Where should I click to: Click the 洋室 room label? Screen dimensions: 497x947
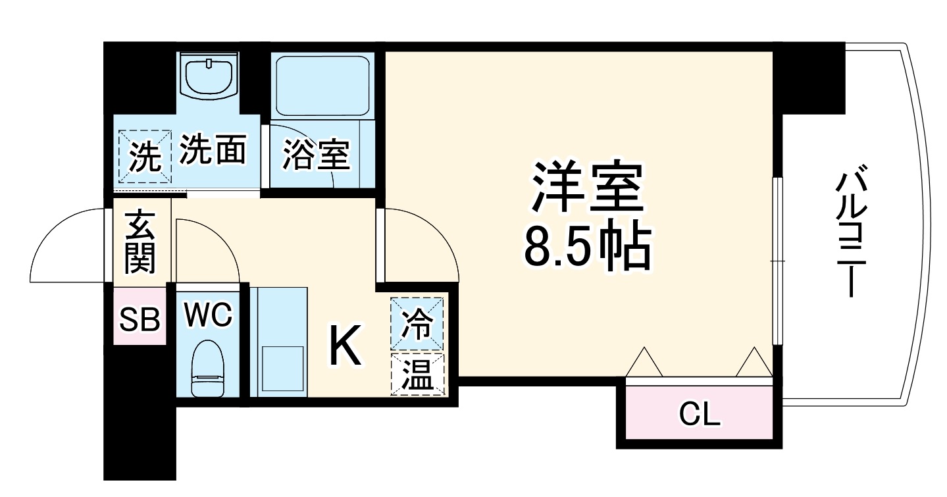click(x=586, y=189)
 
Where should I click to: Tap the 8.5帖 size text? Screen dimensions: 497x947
click(x=586, y=248)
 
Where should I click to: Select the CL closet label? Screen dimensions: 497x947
click(x=700, y=414)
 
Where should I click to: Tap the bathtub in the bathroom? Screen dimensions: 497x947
click(x=322, y=85)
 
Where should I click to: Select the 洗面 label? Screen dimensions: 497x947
click(x=213, y=149)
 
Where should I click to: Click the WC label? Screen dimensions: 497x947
click(x=208, y=315)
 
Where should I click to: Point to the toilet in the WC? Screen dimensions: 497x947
click(x=209, y=369)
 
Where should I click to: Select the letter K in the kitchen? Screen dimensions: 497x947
click(x=345, y=347)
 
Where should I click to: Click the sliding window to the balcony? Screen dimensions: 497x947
click(x=777, y=261)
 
